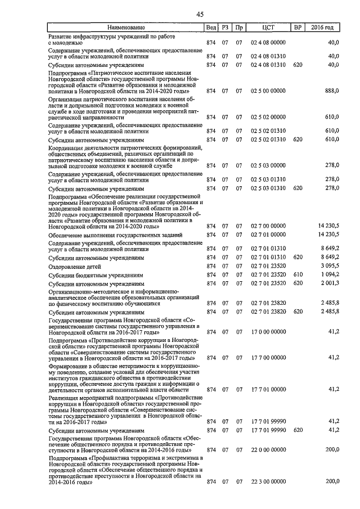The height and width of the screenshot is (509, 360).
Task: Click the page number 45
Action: point(200,15)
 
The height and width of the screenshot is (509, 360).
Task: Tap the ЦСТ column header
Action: point(268,28)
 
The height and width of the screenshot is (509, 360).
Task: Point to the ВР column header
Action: point(298,28)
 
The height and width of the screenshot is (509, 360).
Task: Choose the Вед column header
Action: point(211,28)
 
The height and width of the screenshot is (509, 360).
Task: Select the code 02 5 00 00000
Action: point(268,90)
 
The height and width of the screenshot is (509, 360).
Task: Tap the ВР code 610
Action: point(298,275)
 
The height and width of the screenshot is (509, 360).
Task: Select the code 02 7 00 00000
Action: point(268,226)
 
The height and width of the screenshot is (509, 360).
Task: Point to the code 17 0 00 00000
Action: point(268,332)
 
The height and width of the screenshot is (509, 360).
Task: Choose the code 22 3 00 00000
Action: point(268,481)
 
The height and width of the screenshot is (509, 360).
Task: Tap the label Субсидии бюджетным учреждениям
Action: point(96,276)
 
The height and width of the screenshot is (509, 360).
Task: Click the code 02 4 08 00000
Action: point(268,42)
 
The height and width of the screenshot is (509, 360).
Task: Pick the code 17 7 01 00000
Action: point(268,389)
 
